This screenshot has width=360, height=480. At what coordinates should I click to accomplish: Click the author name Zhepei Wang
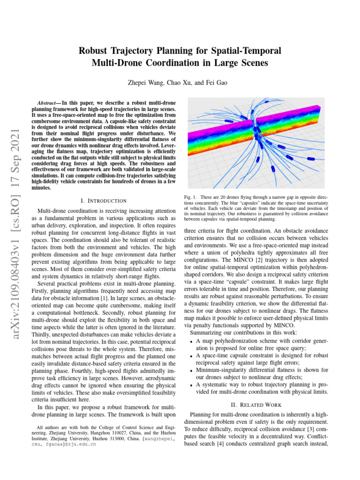coord(145,82)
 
